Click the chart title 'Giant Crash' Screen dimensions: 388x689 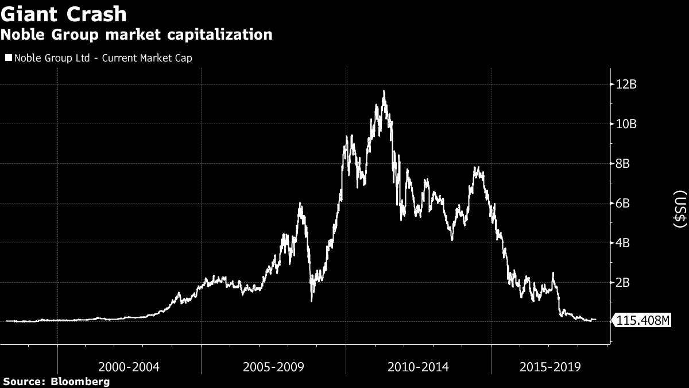(64, 14)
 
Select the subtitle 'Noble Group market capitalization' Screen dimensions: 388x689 (137, 35)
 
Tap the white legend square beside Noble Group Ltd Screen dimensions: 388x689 (9, 58)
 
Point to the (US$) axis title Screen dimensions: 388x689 (679, 211)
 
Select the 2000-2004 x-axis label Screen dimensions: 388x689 (129, 366)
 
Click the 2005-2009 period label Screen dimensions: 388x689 (273, 366)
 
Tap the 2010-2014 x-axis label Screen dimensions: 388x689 (418, 366)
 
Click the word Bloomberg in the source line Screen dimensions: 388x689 (80, 382)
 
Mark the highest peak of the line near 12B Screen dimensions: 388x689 (384, 91)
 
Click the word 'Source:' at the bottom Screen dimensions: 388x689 (24, 382)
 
